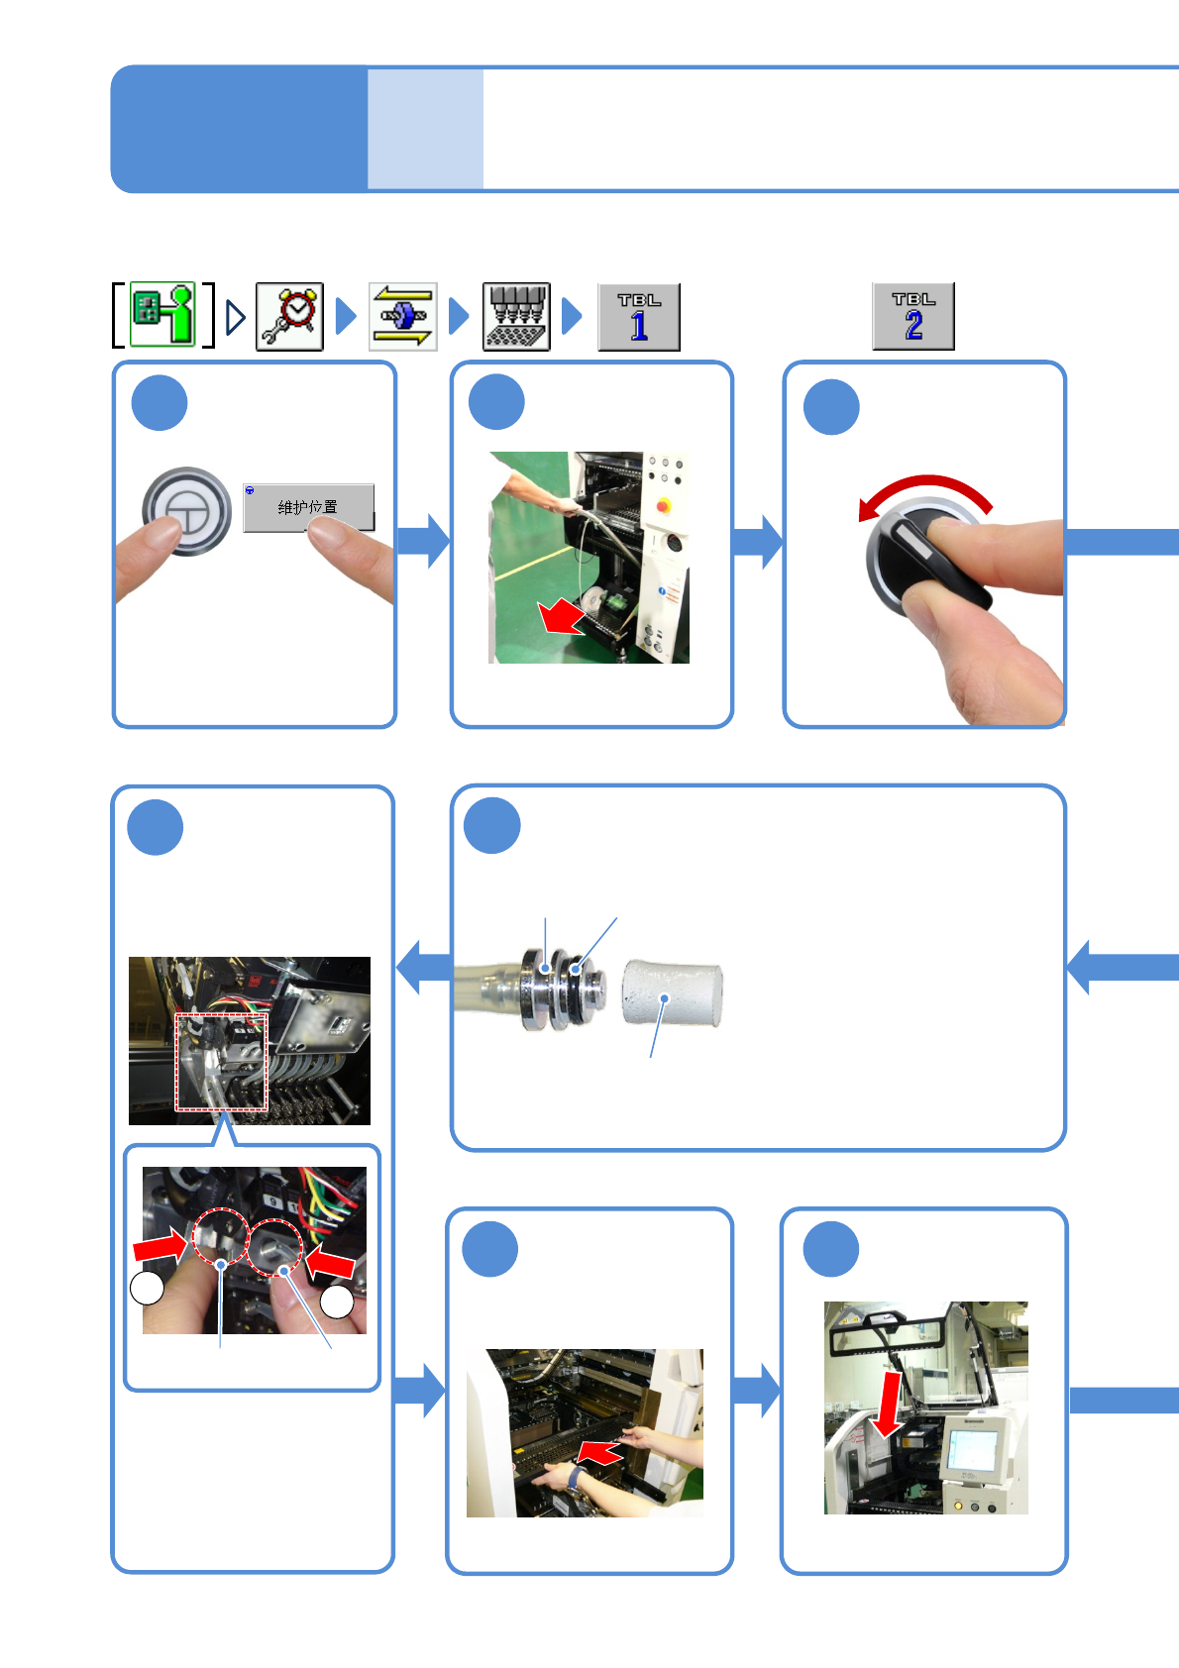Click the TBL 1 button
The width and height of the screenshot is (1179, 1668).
(639, 317)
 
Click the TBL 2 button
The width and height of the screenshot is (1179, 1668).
(913, 317)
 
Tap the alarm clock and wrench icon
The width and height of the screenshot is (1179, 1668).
(289, 317)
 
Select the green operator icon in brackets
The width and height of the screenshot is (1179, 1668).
(163, 314)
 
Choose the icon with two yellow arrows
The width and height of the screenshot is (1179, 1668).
(403, 317)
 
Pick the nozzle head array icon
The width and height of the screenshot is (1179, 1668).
(516, 317)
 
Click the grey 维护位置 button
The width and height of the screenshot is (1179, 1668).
(308, 508)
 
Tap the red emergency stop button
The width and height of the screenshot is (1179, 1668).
(663, 506)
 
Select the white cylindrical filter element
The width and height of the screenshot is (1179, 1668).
(672, 993)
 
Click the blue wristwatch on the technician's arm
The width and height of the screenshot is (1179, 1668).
(575, 1478)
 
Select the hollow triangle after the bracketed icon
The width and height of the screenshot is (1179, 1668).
(236, 317)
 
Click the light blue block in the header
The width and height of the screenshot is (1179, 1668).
(425, 129)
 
